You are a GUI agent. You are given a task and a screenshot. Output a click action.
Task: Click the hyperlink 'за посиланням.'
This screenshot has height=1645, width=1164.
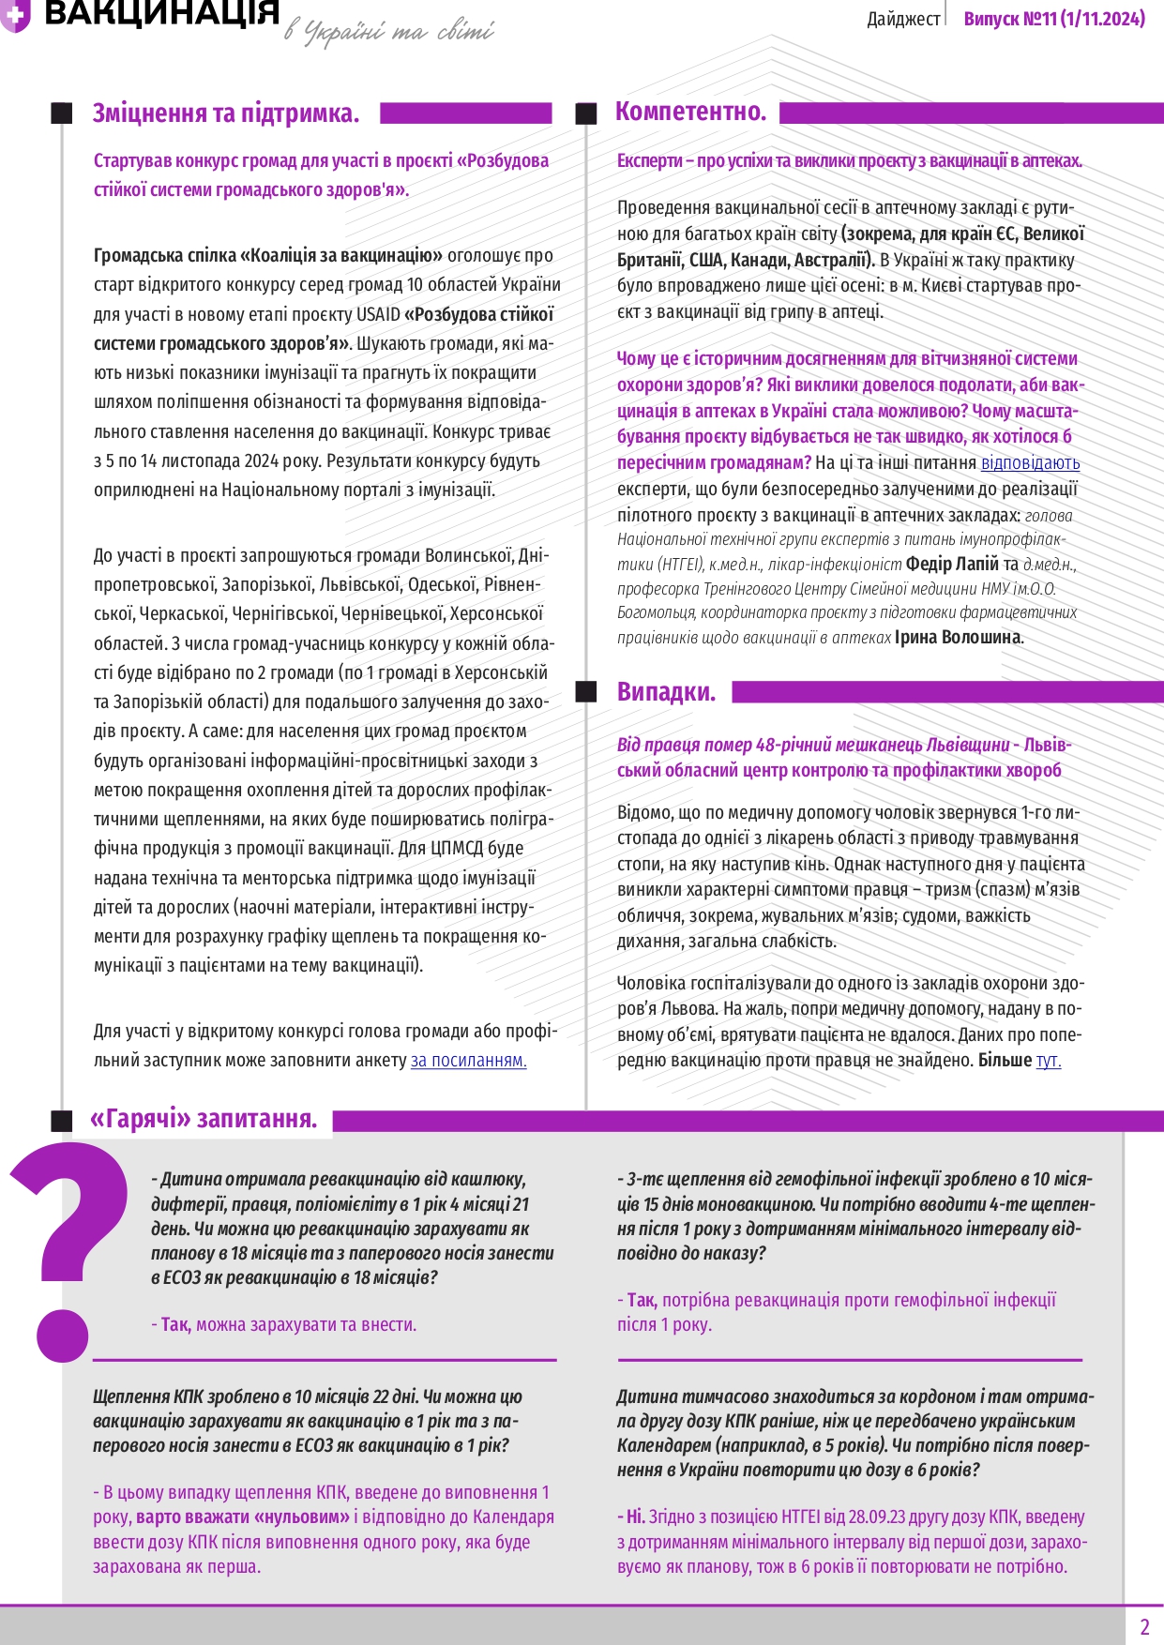click(468, 1061)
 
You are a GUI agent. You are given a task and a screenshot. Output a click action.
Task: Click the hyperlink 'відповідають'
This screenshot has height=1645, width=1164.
click(1030, 462)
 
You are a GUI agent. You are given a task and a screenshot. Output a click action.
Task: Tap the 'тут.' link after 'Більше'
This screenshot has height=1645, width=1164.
click(1048, 1061)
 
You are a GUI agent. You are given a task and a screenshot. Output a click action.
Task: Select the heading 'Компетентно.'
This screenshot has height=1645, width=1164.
click(690, 112)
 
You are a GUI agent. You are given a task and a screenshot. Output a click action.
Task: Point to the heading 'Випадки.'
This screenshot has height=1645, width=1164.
click(666, 692)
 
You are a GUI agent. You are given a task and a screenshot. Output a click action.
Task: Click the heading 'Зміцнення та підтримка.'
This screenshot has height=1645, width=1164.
click(225, 113)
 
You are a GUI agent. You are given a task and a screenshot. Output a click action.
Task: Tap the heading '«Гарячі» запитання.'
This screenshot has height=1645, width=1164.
click(204, 1119)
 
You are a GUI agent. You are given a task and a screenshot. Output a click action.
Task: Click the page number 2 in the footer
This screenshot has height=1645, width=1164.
click(1144, 1626)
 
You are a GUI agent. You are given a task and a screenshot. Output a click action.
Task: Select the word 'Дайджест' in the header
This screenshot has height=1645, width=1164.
click(903, 19)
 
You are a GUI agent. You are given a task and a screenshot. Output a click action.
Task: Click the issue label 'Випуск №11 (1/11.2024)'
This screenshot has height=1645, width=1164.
click(1054, 19)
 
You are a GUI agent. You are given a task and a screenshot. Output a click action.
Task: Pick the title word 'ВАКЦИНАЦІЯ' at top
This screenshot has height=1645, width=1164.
click(161, 13)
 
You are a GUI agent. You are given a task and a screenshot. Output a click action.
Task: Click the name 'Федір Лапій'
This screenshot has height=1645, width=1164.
click(952, 564)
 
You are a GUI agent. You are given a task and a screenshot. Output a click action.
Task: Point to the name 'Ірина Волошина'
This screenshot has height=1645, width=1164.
click(958, 638)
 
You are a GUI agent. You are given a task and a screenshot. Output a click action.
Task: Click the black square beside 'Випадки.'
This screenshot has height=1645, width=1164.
click(586, 692)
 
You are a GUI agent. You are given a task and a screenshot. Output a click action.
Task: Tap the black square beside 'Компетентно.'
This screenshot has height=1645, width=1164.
click(586, 113)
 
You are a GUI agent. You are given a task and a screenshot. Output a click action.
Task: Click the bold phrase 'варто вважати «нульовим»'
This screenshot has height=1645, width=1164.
click(243, 1517)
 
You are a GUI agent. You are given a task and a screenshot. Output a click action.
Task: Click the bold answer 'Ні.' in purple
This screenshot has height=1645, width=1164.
click(635, 1517)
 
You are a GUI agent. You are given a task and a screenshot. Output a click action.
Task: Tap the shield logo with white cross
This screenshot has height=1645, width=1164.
click(15, 15)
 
